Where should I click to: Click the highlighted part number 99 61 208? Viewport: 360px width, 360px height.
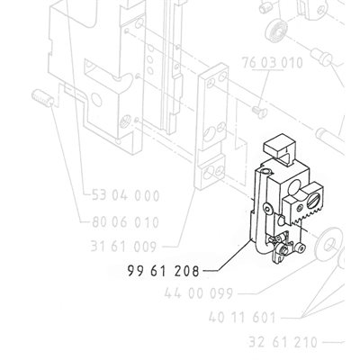click(163, 271)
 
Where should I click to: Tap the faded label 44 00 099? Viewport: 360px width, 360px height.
click(199, 293)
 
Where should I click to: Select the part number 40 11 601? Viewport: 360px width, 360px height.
click(242, 317)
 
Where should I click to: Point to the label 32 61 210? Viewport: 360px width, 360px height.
click(283, 342)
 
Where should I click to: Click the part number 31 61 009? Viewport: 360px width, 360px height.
click(123, 247)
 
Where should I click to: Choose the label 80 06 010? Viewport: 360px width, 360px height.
click(125, 222)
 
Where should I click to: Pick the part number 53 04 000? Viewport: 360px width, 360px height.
click(125, 195)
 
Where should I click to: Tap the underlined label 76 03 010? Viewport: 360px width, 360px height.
click(273, 63)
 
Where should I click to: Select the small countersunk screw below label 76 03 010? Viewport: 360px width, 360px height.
click(259, 112)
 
